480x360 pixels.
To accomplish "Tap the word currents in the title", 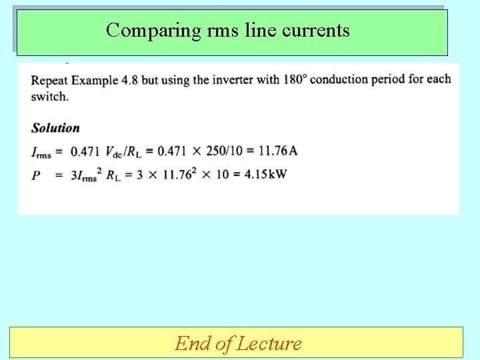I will (316, 30).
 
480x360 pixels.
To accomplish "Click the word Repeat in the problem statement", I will (48, 80).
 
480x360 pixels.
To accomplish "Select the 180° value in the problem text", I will (295, 79).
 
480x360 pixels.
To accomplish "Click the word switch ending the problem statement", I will (49, 96).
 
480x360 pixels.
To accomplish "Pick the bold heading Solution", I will (55, 128).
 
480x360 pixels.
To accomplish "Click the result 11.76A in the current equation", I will (278, 151).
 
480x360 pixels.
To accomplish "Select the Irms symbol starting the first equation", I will (41, 152).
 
